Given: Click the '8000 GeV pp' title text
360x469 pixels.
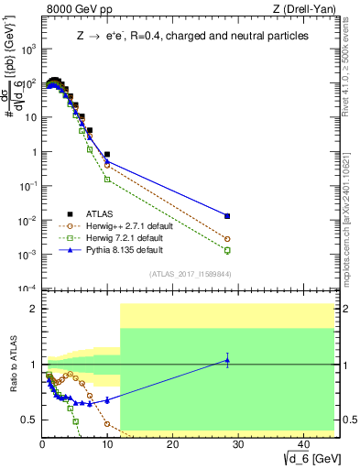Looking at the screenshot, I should (x=75, y=11).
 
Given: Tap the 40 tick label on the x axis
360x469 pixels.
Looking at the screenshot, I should (x=301, y=443).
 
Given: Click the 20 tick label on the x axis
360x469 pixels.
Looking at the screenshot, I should (x=171, y=443).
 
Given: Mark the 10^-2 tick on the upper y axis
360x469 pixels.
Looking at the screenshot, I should (x=27, y=221).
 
